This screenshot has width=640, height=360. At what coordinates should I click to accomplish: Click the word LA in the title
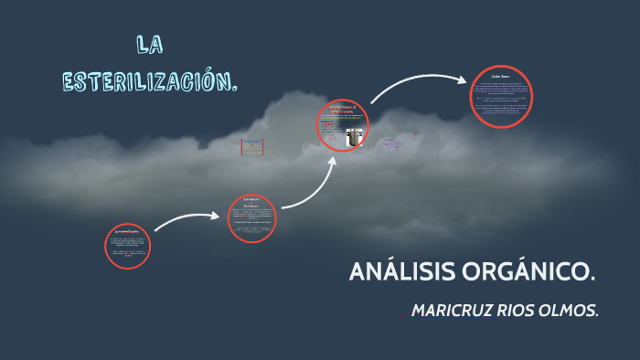[150, 43]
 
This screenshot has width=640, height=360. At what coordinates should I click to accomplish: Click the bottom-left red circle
[127, 246]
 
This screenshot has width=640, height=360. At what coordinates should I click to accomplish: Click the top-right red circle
[501, 96]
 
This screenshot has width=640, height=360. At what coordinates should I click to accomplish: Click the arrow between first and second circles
[187, 220]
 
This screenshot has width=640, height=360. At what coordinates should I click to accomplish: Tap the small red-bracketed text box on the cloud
[252, 146]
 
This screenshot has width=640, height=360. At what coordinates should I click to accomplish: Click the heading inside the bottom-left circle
[127, 232]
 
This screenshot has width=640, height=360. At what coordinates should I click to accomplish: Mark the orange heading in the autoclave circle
[340, 110]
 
